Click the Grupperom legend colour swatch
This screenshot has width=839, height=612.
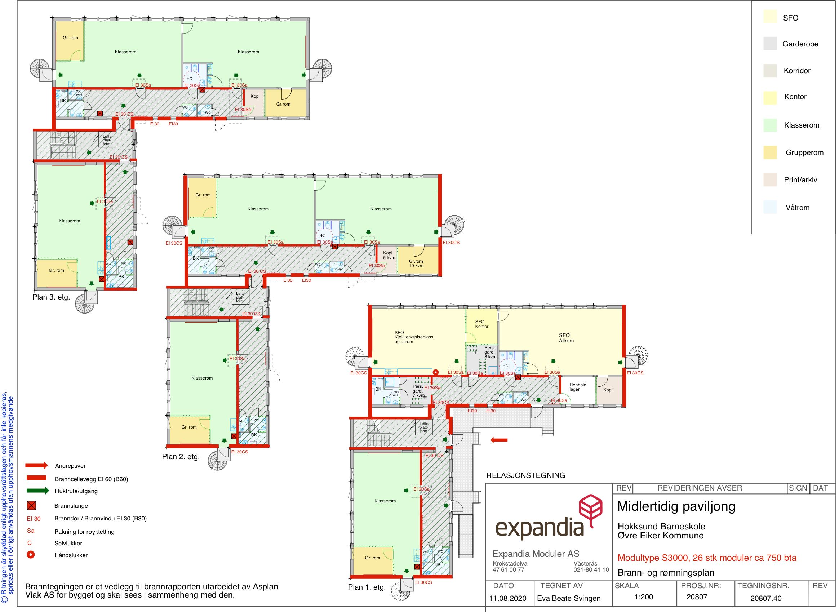click(770, 152)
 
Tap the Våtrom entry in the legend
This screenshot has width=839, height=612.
click(797, 208)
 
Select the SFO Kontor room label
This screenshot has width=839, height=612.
click(481, 324)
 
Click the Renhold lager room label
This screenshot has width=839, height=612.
click(577, 387)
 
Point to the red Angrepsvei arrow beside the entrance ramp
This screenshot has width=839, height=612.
click(498, 440)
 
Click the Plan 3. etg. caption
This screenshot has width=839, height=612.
click(51, 297)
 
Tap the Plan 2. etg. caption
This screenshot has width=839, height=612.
click(181, 457)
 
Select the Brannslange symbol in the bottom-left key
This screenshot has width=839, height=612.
click(31, 506)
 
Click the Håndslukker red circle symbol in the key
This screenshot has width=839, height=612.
click(31, 555)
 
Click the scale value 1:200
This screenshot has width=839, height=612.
click(644, 597)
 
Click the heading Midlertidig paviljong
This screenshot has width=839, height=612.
click(676, 506)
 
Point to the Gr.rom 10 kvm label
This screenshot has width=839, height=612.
click(416, 263)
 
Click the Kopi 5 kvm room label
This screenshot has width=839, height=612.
click(389, 255)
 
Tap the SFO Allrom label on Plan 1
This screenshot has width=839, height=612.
click(565, 338)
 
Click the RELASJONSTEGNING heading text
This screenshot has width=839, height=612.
click(525, 475)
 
